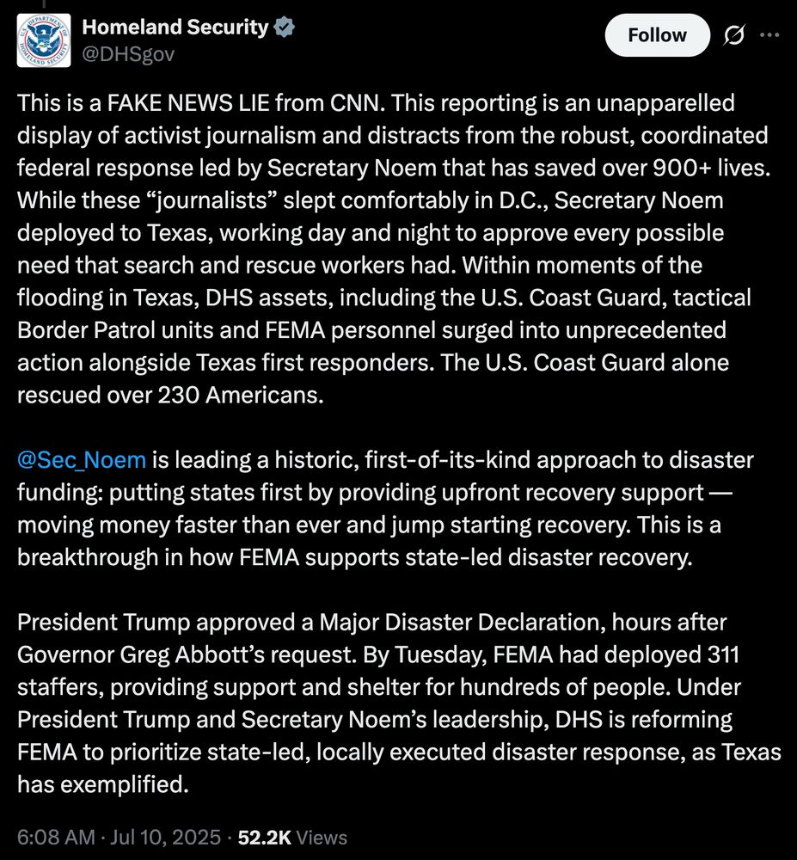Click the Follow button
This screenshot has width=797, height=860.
[658, 35]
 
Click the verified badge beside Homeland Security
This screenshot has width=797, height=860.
[285, 28]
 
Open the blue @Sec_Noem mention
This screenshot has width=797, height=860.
[82, 460]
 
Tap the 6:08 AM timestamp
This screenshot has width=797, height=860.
[54, 837]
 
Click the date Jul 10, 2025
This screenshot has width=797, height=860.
[169, 837]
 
